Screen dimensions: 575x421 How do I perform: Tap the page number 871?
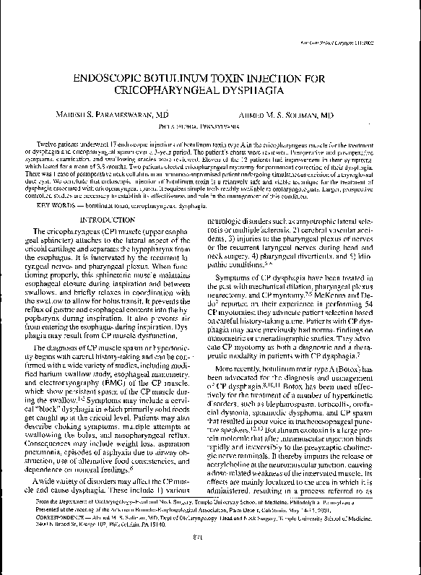coord(210,553)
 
